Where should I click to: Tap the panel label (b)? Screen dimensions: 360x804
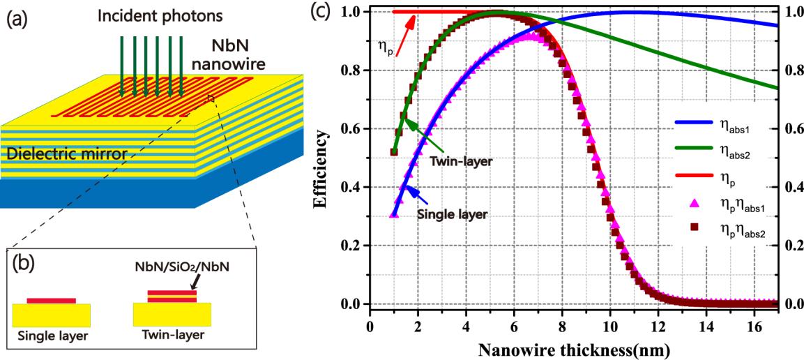coord(29,265)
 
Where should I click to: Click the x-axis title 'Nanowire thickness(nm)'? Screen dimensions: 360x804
coord(557,347)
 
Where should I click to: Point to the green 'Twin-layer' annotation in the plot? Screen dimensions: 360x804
coord(464,160)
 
